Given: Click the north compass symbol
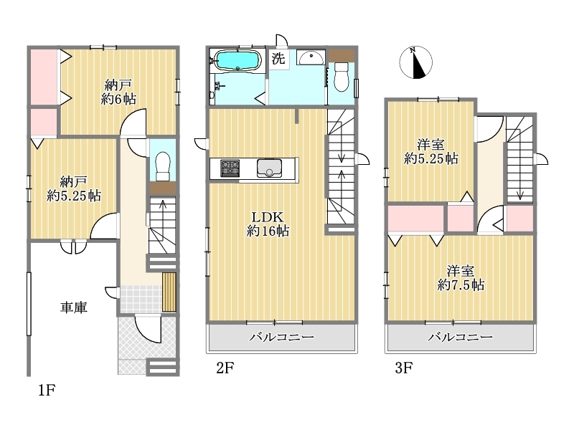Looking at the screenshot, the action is [416, 62].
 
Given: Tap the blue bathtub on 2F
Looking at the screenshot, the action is [237, 60].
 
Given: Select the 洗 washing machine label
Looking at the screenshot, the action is [278, 59].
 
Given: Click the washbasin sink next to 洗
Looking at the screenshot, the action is [311, 57].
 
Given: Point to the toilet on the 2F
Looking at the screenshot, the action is [342, 77].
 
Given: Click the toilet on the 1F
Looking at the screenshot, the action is [163, 166].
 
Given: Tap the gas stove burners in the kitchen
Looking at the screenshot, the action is [230, 168].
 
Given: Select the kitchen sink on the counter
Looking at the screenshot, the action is [269, 168].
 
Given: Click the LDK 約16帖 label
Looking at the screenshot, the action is [268, 224].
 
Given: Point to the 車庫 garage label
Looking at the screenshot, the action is [74, 307].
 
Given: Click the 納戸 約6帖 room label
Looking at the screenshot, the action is [118, 92].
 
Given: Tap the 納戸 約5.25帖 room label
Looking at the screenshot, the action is [74, 188].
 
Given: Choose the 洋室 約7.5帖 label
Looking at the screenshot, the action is [461, 278].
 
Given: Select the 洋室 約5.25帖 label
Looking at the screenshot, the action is [431, 152].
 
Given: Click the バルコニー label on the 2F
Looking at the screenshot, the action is [281, 337].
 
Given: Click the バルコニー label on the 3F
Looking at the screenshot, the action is [461, 337].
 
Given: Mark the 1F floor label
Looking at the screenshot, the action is [47, 391].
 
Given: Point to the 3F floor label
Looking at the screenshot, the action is [403, 368].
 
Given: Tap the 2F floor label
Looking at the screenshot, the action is [225, 368].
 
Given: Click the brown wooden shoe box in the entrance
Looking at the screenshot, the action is [169, 292].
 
